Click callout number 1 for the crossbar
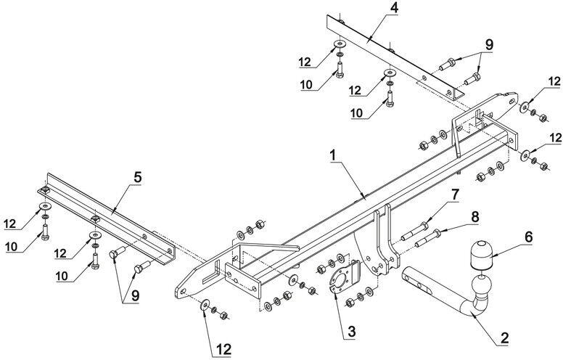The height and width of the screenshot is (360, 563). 333,155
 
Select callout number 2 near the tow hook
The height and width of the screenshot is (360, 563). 504,337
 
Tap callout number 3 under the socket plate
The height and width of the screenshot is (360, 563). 352,332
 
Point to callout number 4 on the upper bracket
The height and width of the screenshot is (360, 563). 394,8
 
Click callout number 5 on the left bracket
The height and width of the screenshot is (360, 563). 138,177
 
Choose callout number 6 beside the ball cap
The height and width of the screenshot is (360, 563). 528,237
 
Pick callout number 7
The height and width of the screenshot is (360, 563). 455,195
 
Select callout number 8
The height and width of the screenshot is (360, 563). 474,216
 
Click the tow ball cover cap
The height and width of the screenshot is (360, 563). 481,254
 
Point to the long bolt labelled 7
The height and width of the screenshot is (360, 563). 414,231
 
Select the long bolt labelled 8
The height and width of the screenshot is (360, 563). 428,238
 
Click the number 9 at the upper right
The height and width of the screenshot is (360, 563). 489,45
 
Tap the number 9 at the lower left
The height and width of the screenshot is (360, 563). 136,295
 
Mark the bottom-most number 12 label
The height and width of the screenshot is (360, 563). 223,349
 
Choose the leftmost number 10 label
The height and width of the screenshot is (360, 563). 11,247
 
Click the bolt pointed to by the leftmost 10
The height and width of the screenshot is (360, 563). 45,232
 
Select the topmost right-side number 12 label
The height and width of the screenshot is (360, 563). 554,81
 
